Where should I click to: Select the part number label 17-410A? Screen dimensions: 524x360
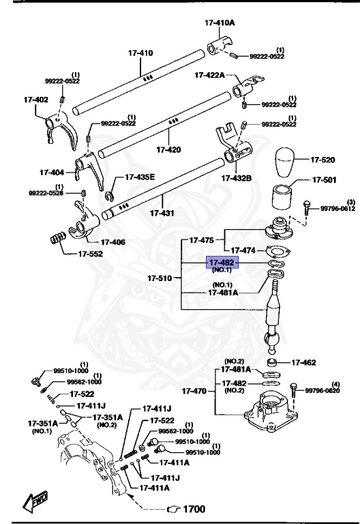pos(219,23)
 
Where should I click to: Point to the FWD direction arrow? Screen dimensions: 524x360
pos(33,504)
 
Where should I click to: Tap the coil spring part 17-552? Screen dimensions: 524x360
pos(58,238)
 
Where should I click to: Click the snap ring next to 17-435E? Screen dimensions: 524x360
pos(109,197)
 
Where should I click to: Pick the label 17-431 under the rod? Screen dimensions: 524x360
pos(162,214)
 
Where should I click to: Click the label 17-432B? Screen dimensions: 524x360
pos(236,178)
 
